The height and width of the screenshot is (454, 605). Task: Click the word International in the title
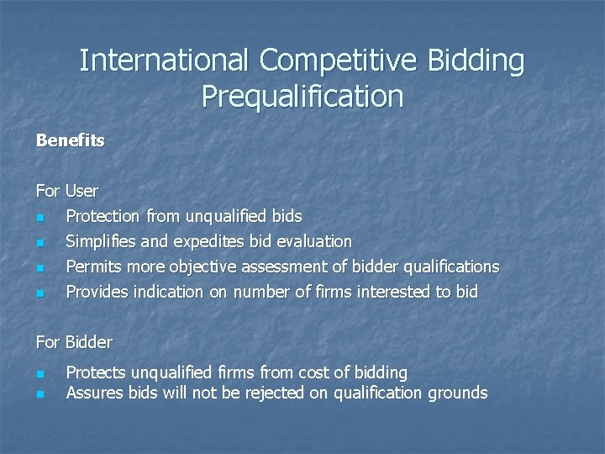point(165,61)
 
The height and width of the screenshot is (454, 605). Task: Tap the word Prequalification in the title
point(302,97)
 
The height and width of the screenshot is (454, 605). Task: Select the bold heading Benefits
point(71,140)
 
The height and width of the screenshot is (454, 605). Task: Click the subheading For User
point(67,191)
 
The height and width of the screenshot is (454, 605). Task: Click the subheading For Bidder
point(74,342)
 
